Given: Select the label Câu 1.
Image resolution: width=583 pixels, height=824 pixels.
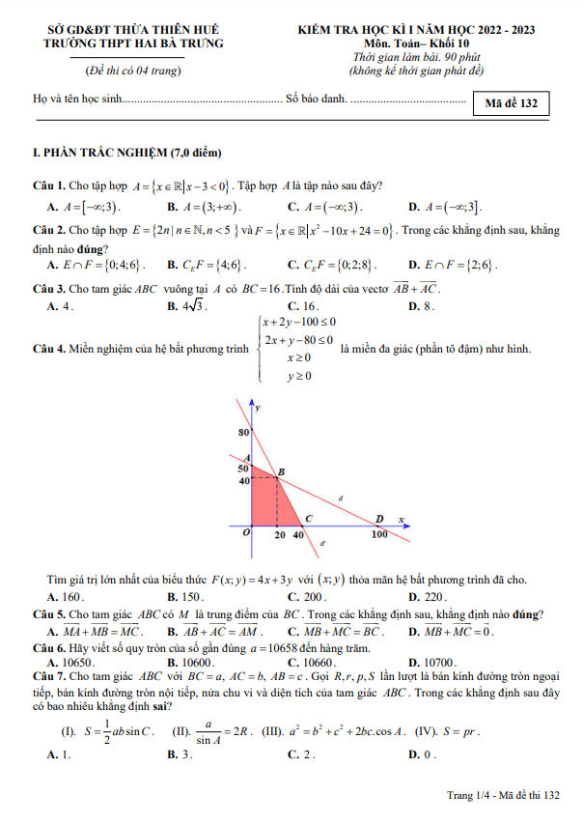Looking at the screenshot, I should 48,185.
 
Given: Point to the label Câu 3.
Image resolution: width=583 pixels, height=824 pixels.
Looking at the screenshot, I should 48,288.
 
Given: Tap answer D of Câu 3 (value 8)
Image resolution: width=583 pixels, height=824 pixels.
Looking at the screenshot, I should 423,306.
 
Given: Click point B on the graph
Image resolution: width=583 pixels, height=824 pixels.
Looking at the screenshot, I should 281,471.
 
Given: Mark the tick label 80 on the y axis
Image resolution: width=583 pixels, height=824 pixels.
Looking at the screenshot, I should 244,432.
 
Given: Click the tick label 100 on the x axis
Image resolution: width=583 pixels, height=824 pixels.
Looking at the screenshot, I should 379,534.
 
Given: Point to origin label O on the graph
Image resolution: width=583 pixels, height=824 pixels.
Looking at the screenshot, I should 246,531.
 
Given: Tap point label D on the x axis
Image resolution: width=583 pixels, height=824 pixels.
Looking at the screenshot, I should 378,518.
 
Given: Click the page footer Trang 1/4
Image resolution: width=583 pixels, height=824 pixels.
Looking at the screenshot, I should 502,795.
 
